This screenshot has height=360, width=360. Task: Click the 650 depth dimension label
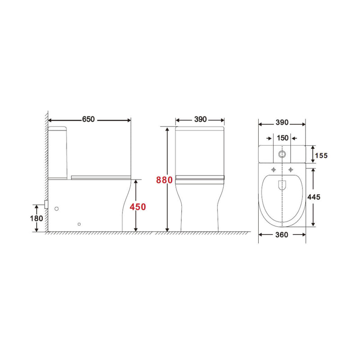(x=89, y=120)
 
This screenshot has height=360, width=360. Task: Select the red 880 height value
(x=164, y=180)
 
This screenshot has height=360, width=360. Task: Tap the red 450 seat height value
(x=138, y=207)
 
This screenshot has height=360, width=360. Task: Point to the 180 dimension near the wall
(x=37, y=218)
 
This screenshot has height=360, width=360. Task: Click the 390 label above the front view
(x=200, y=120)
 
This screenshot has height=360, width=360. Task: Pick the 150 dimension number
(x=282, y=138)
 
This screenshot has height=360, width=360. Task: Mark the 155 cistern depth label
(x=321, y=155)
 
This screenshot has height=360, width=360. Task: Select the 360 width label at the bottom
(x=282, y=235)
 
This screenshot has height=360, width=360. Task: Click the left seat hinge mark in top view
(x=273, y=170)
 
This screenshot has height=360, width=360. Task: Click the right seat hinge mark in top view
(x=291, y=170)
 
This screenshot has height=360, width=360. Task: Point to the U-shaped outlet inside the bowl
(x=282, y=184)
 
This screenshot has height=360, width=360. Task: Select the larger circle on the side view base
(x=57, y=209)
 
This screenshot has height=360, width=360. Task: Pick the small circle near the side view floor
(x=79, y=224)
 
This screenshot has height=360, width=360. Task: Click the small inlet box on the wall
(x=46, y=204)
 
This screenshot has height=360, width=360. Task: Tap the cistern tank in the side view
(x=58, y=153)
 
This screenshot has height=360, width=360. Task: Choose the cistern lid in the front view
(x=200, y=130)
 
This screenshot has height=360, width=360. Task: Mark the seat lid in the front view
(x=200, y=178)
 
